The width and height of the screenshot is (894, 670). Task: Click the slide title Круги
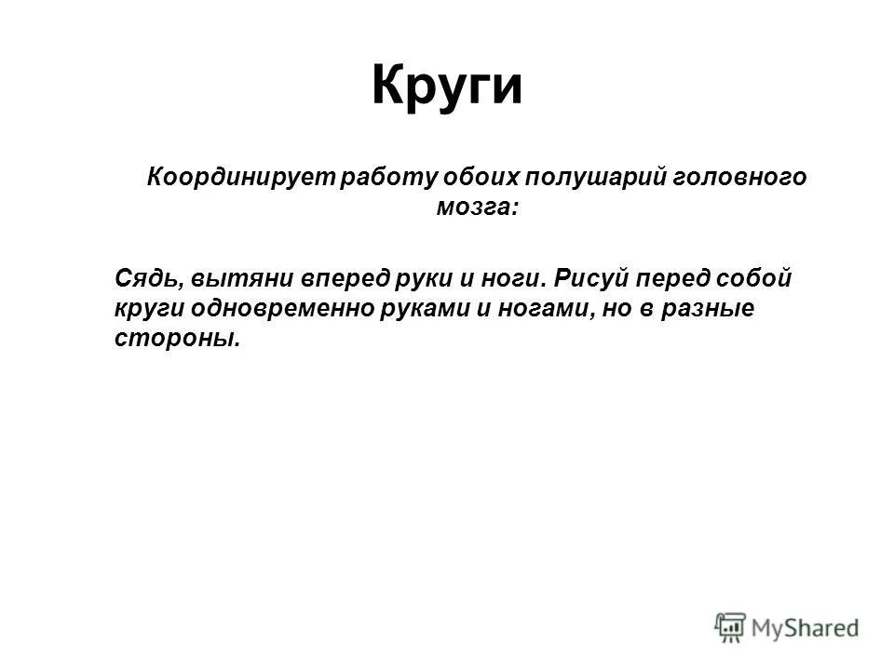447,87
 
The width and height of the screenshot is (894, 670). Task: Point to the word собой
756,278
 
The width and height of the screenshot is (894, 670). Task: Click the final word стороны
177,340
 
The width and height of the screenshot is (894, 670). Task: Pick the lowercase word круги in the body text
146,309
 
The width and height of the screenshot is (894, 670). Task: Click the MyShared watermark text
807,628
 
